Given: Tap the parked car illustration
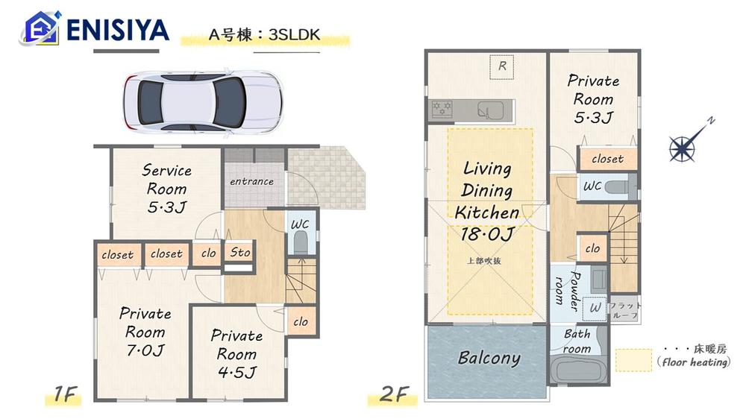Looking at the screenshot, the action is coord(203,102).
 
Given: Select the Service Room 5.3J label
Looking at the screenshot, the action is coord(166,189).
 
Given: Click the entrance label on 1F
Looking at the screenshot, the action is coord(251,181).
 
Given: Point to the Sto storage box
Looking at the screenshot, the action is coord(239,253).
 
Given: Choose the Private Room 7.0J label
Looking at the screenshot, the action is coord(145,332).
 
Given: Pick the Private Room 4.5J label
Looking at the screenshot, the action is coord(236,354).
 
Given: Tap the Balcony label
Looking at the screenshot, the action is coord(489,358).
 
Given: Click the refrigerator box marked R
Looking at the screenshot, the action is coord(502,67).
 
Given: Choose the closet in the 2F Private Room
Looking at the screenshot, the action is coord(607,159).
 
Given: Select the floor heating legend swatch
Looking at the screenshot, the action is coord(633,360).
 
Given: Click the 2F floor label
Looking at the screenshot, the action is coord(394,394).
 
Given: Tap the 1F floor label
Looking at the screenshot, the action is coord(65,394).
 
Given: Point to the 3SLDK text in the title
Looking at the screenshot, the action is coord(294,35).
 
